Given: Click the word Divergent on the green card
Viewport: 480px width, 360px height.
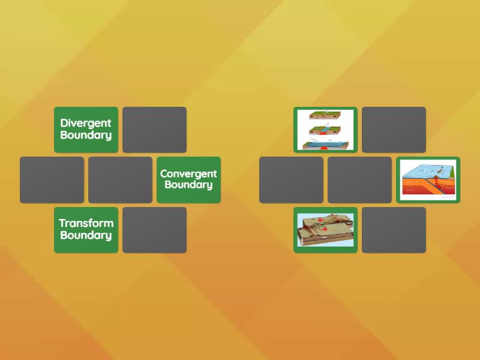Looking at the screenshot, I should click(x=86, y=123).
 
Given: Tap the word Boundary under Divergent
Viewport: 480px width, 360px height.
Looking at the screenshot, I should click(x=86, y=135).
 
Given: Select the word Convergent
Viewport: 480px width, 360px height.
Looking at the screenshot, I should click(x=188, y=173).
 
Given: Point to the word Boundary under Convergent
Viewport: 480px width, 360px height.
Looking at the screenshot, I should click(x=188, y=185).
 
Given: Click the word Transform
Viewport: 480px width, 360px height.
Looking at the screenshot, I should click(x=86, y=223).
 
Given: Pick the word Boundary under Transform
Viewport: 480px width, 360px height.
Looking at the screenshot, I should click(x=86, y=235).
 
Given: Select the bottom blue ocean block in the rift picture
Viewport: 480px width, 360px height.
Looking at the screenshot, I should click(x=325, y=144).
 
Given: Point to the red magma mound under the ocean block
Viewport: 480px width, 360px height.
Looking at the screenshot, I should click(x=325, y=148).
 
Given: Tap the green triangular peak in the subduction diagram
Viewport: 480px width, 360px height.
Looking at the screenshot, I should click(x=445, y=172).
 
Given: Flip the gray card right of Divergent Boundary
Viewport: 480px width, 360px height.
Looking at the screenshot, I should click(x=154, y=130).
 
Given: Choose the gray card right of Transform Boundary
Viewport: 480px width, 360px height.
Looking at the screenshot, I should click(x=154, y=230).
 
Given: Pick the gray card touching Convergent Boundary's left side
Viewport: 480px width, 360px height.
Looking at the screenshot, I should click(x=120, y=179).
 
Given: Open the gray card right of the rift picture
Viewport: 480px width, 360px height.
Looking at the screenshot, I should click(x=394, y=130).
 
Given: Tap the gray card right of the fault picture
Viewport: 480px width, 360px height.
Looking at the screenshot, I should click(x=394, y=230).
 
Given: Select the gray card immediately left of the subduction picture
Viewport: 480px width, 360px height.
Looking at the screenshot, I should click(x=359, y=179).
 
